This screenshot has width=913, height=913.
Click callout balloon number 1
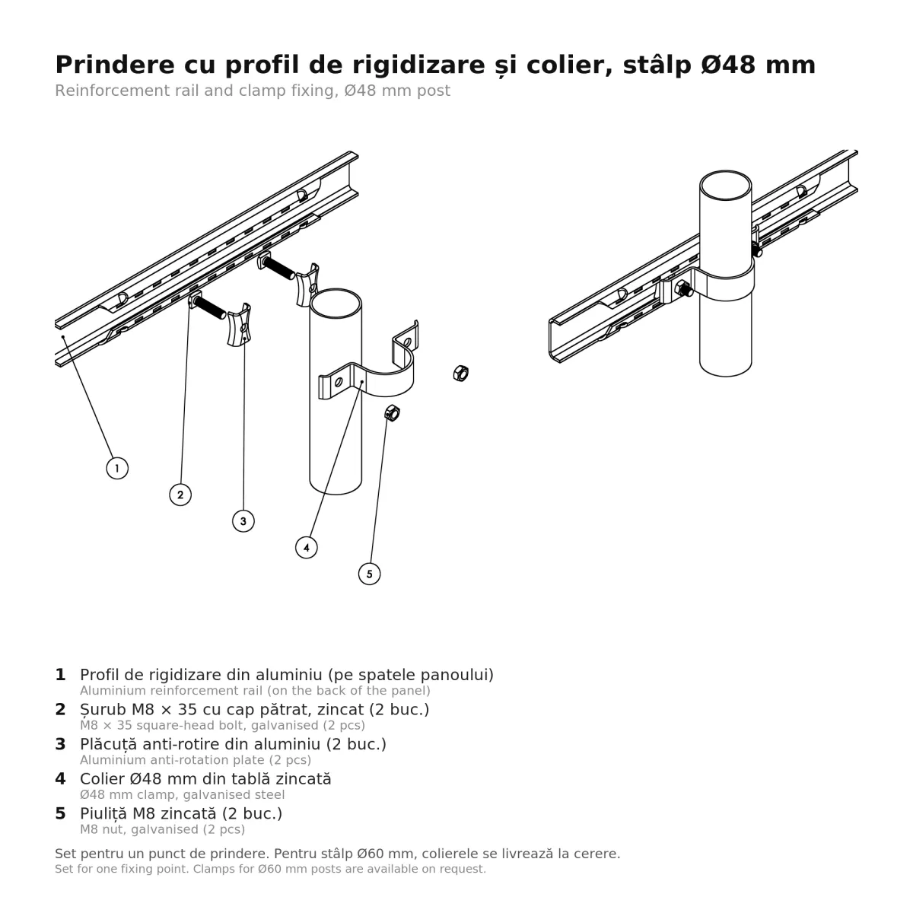pyautogui.click(x=117, y=468)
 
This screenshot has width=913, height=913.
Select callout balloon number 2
pyautogui.click(x=180, y=495)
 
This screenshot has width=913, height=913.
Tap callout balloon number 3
pyautogui.click(x=243, y=521)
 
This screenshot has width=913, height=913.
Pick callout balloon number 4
pyautogui.click(x=306, y=548)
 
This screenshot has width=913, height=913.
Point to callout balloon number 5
pyautogui.click(x=369, y=574)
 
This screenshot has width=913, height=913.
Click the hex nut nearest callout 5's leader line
pyautogui.click(x=392, y=413)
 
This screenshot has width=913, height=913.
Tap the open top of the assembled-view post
pyautogui.click(x=725, y=185)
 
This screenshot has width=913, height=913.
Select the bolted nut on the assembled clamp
pyautogui.click(x=683, y=288)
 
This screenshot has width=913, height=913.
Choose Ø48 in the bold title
pyautogui.click(x=728, y=65)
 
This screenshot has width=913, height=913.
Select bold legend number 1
pyautogui.click(x=60, y=675)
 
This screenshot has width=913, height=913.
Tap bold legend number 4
pyautogui.click(x=60, y=778)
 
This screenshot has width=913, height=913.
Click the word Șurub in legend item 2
pyautogui.click(x=103, y=710)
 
